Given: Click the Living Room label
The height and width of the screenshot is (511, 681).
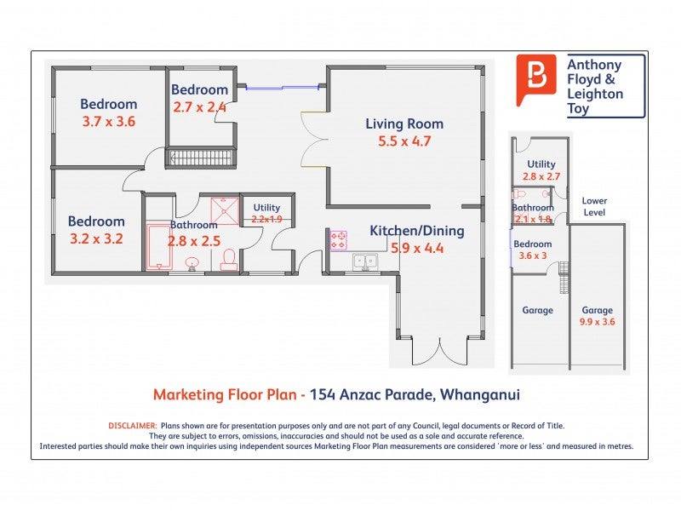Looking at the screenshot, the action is click(x=404, y=123).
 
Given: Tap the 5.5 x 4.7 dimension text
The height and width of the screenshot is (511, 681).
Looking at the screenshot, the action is click(x=404, y=141).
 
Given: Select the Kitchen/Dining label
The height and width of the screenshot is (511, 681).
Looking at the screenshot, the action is click(x=417, y=231).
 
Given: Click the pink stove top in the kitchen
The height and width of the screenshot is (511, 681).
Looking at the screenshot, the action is click(x=339, y=241).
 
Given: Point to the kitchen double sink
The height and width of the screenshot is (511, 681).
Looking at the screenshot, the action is click(x=365, y=262).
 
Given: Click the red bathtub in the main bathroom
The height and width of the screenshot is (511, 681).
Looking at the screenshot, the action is click(x=158, y=247).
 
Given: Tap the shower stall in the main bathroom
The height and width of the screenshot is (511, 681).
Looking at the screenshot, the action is click(x=225, y=211).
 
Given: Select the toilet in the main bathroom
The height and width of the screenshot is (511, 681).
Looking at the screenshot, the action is click(x=229, y=261).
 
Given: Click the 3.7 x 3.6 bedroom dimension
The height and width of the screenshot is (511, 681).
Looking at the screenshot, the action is click(x=109, y=121).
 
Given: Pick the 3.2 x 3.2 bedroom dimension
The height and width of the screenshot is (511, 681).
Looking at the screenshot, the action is click(x=96, y=238).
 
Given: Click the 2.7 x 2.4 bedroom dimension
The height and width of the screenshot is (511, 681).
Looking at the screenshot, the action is click(x=200, y=107).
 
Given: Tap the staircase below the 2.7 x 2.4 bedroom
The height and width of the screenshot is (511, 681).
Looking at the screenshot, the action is click(x=201, y=157).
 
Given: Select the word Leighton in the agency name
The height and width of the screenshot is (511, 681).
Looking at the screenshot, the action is click(x=595, y=94).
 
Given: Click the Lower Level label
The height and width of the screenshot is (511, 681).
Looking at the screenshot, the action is click(x=594, y=206).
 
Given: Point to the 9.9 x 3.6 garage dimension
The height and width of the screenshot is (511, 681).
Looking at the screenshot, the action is click(x=598, y=322).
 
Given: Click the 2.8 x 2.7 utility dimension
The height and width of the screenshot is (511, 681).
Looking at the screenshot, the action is click(x=541, y=176).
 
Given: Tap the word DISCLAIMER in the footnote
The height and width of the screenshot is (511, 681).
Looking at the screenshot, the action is click(x=133, y=426).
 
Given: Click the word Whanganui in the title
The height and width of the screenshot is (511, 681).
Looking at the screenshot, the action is click(x=480, y=394).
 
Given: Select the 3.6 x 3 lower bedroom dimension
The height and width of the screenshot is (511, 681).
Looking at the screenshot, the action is click(x=533, y=255).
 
